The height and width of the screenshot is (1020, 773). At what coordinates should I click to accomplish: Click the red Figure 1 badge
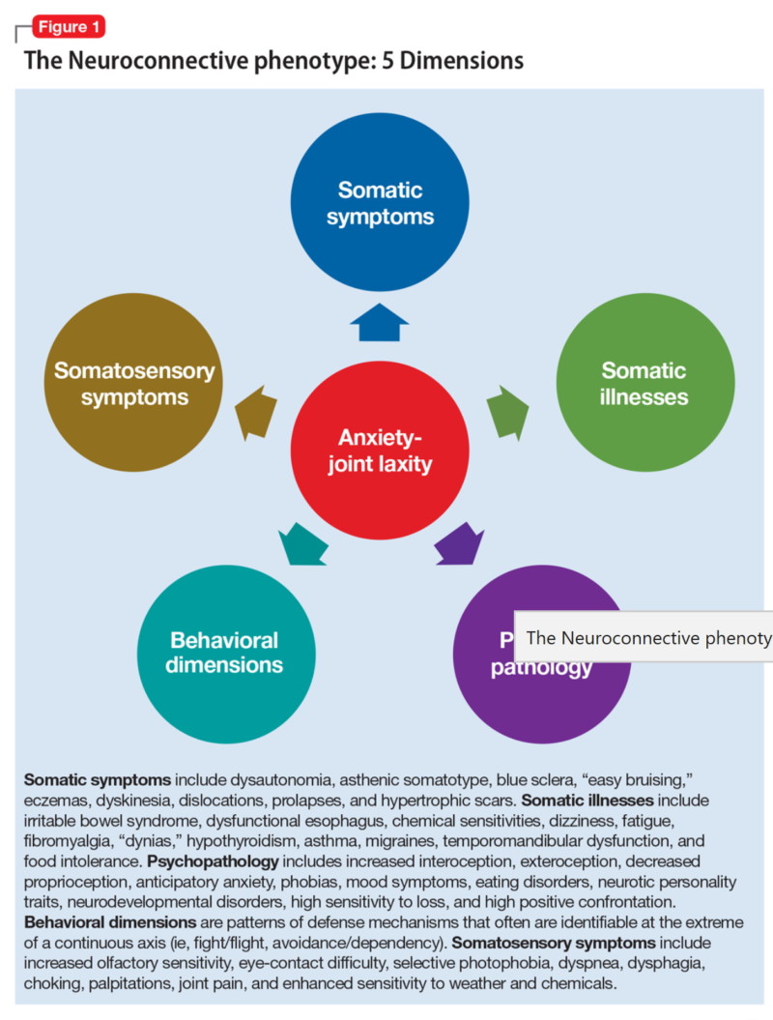[x=69, y=26]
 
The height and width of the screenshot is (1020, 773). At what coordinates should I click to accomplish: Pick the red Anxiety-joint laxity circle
[x=380, y=451]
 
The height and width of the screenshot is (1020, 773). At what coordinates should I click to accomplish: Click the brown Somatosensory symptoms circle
[x=134, y=383]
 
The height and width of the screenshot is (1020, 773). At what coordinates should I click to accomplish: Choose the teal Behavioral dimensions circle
[x=226, y=653]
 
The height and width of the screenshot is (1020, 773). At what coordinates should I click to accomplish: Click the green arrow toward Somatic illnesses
[x=506, y=410]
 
